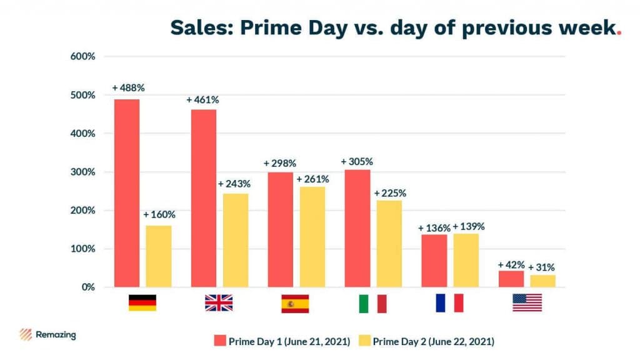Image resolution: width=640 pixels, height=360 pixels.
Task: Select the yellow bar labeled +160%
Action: pos(159,256)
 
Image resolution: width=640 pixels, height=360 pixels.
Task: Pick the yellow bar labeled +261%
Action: pos(312,237)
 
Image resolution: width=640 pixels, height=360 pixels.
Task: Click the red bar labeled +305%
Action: pos(357,228)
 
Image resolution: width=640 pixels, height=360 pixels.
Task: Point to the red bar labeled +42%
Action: pos(511,279)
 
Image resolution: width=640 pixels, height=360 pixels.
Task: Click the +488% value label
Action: pos(128,88)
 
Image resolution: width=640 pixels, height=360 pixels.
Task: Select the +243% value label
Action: pos(234,184)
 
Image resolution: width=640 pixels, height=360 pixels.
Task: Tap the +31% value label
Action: pos(541,267)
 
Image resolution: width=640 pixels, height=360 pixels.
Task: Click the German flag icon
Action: pos(142,303)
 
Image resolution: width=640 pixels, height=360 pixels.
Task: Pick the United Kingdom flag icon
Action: pos(219,303)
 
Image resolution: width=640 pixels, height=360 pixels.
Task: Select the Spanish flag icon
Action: pos(295,303)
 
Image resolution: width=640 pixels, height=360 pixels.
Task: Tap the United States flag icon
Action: pos(527,303)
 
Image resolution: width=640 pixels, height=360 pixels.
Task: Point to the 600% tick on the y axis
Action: pos(82,56)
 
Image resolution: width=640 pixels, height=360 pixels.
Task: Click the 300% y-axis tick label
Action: pos(82,172)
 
